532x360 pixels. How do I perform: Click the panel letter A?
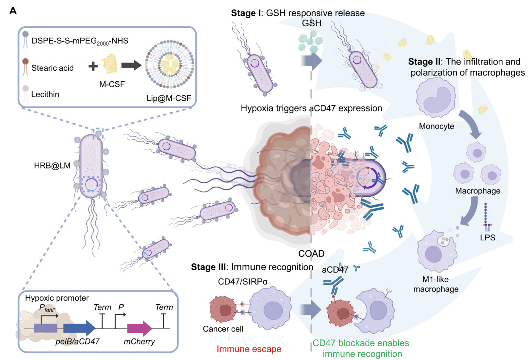click(13, 11)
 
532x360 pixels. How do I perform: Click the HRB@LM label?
click(52, 166)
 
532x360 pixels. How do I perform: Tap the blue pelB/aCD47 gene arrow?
click(79, 328)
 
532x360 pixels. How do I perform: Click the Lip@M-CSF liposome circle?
click(169, 65)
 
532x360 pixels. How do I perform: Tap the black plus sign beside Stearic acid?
click(93, 66)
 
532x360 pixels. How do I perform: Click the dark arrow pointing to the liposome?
click(131, 66)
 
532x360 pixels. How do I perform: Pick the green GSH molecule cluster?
click(310, 41)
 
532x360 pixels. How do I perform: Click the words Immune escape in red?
click(249, 349)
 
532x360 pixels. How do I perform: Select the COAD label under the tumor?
click(311, 254)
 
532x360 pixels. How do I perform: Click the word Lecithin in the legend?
click(45, 94)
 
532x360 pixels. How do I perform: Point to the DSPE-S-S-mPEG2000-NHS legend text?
click(80, 41)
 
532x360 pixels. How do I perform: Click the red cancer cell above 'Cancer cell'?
click(224, 309)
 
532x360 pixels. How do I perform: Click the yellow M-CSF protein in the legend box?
click(110, 64)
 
